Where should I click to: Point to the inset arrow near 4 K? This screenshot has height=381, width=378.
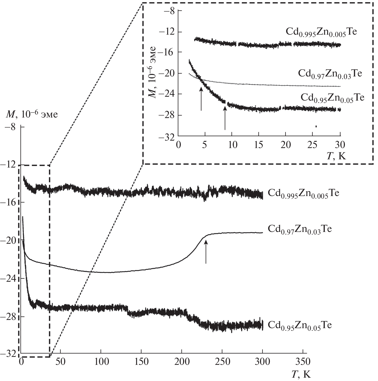(x=201, y=99)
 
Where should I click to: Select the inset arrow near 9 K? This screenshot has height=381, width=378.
(x=225, y=118)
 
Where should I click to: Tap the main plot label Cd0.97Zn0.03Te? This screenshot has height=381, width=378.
(x=300, y=229)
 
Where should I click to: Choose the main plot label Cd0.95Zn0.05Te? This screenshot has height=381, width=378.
(x=300, y=325)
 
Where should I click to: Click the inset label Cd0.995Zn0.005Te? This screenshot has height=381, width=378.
(x=321, y=32)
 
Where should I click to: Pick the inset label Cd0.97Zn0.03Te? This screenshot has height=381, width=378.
(x=330, y=74)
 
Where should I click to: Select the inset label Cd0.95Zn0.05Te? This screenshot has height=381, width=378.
(x=332, y=98)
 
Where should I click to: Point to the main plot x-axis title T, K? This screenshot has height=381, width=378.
(x=301, y=374)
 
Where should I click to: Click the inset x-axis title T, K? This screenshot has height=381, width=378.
(x=336, y=156)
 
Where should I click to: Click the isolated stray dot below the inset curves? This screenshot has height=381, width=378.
(x=316, y=126)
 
